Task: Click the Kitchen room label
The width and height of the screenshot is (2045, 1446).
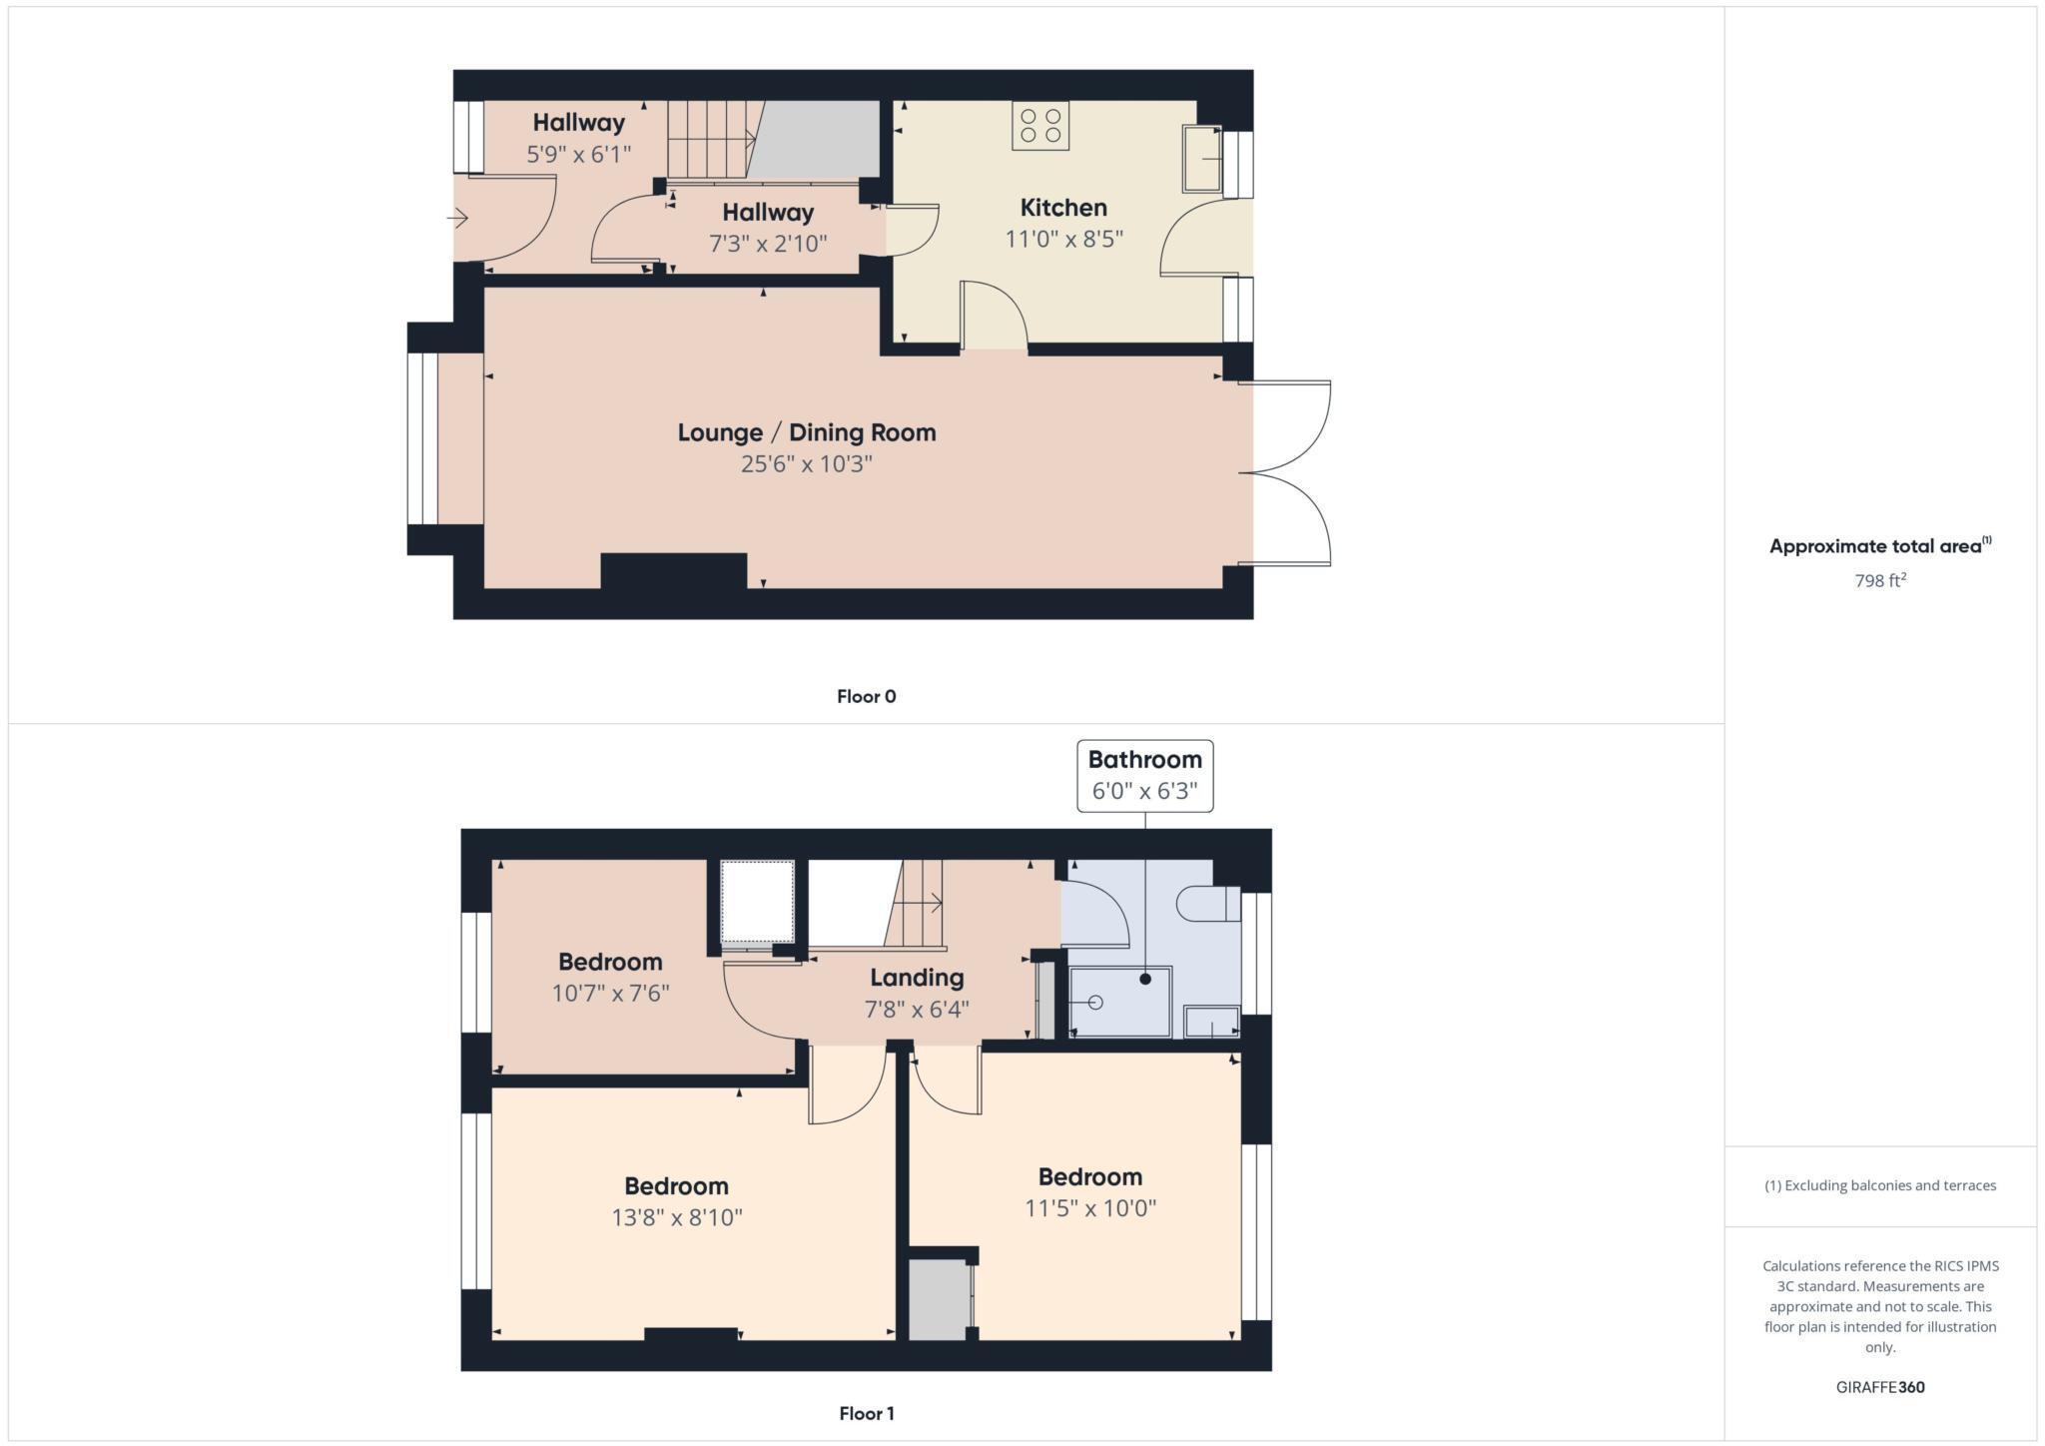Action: (1063, 208)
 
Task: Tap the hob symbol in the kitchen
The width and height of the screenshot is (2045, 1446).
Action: (1040, 126)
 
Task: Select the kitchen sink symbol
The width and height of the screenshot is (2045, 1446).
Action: (1202, 158)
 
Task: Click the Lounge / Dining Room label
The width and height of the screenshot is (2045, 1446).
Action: (807, 432)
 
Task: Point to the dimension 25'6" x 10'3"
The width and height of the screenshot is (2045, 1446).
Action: (807, 464)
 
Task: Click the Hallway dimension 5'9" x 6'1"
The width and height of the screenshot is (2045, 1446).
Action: (579, 155)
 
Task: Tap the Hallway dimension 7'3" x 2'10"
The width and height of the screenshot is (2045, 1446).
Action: (768, 243)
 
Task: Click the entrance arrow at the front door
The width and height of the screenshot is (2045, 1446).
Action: (458, 218)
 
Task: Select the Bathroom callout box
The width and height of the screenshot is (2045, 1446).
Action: (1145, 776)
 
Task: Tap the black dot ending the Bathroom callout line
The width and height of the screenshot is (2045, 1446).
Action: (1145, 980)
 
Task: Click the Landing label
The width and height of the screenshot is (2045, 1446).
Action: (917, 978)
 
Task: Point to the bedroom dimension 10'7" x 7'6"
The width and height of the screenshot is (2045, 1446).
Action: (610, 994)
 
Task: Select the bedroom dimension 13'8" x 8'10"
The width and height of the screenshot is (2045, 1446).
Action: (677, 1217)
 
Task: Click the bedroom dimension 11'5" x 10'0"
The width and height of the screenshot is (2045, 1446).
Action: (1090, 1208)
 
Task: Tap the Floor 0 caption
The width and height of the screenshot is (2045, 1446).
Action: (867, 697)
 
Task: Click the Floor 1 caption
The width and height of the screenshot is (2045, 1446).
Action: (867, 1413)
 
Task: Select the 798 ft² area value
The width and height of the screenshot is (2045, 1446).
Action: (1880, 580)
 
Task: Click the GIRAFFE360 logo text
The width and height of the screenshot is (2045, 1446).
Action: (1880, 1387)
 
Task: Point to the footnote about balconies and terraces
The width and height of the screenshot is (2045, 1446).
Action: (1880, 1185)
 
